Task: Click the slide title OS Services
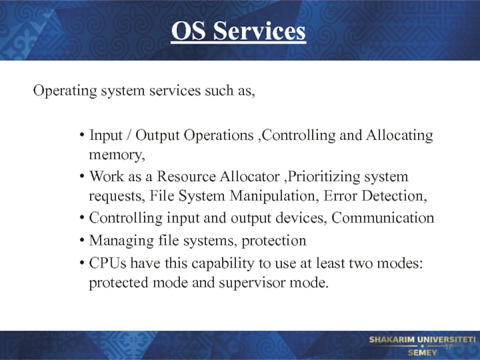tap(238, 31)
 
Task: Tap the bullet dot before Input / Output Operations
tap(82, 135)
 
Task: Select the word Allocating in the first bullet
tap(400, 136)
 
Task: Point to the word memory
tap(117, 155)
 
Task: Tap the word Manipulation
tap(272, 196)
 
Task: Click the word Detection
tap(394, 196)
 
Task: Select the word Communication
tap(383, 218)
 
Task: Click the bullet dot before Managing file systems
tap(82, 241)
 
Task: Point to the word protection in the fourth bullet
tap(274, 241)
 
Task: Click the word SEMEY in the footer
tap(422, 353)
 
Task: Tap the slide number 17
tap(448, 347)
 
